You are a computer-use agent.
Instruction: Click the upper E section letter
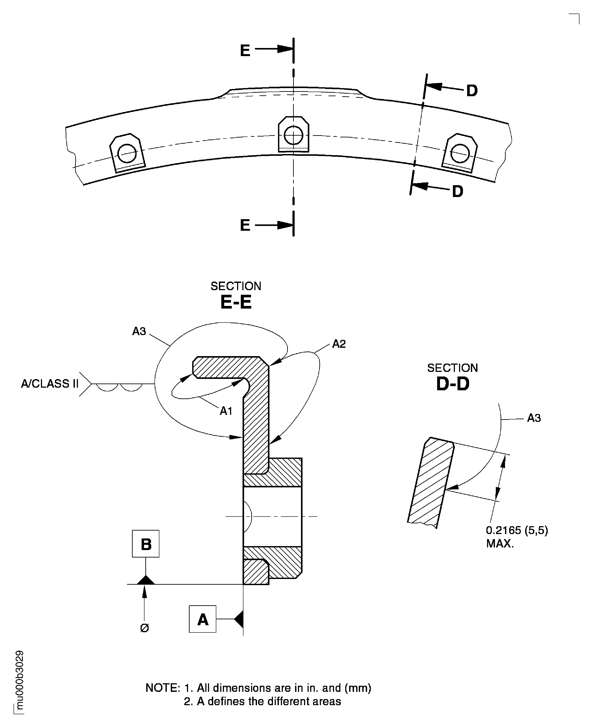coord(245,51)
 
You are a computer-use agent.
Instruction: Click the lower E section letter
coord(245,225)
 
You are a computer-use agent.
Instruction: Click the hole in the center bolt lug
coord(293,135)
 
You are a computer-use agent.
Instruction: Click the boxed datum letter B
coord(146,544)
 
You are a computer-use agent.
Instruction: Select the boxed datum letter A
coord(202,619)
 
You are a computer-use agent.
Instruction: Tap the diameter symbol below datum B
coord(144,628)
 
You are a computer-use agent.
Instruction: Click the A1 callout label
coord(226,411)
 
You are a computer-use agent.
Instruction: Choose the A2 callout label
coord(339,344)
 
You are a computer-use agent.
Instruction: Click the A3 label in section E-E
coord(139,331)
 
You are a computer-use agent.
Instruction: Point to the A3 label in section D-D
coord(534,418)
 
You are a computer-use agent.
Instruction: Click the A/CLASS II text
coord(50,384)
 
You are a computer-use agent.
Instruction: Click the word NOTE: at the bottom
coord(163,688)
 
